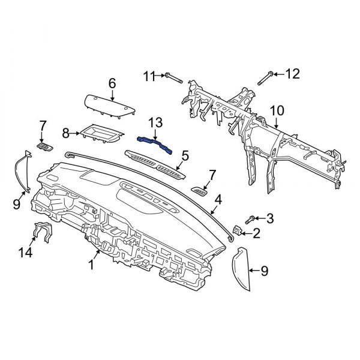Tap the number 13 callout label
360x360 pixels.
tap(155, 122)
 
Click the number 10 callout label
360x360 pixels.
tap(276, 110)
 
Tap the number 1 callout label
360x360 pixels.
tap(92, 265)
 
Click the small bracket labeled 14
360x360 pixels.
tap(43, 230)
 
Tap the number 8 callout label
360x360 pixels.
tap(67, 131)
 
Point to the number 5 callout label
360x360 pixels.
tap(184, 156)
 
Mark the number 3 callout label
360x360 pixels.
tap(270, 218)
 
